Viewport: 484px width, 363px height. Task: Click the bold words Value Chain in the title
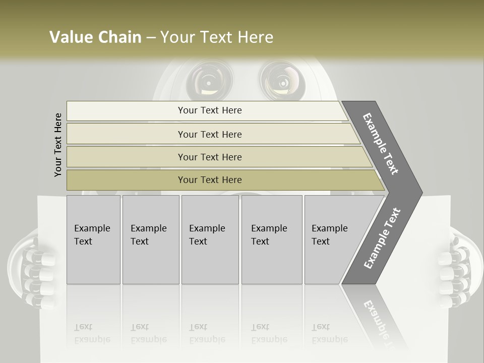95,37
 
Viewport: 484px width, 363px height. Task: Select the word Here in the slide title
255,37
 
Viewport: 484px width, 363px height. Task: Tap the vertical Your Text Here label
58,145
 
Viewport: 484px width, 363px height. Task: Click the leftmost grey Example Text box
93,239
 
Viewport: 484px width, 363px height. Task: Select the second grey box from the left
150,239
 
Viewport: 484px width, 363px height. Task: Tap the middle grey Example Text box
210,239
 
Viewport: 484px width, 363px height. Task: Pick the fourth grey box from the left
271,239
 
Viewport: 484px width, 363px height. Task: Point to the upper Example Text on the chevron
381,144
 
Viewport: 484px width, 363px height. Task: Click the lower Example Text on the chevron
382,238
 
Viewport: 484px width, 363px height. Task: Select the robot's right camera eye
280,80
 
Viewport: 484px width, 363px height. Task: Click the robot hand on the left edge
30,267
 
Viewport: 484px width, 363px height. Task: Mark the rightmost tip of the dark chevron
421,193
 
